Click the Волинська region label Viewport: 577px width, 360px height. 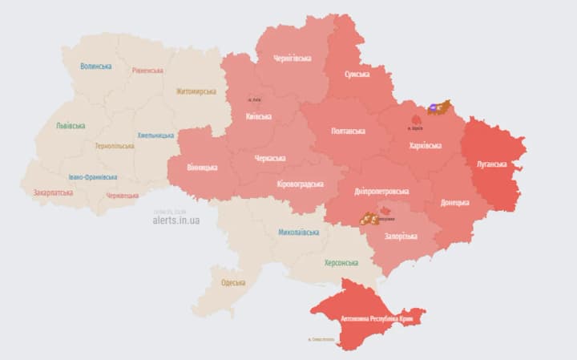pyautogui.click(x=96, y=67)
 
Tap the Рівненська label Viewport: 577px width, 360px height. pyautogui.click(x=147, y=70)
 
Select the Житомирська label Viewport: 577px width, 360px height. pyautogui.click(x=196, y=91)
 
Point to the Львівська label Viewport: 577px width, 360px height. pyautogui.click(x=71, y=126)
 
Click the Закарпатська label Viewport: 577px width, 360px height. pyautogui.click(x=53, y=192)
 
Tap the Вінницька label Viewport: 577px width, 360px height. pyautogui.click(x=202, y=168)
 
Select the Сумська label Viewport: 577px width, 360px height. pyautogui.click(x=357, y=74)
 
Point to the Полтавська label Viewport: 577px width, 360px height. pyautogui.click(x=348, y=131)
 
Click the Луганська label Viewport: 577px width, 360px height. pyautogui.click(x=491, y=164)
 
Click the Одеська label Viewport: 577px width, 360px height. pyautogui.click(x=233, y=282)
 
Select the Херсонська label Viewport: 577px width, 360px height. pyautogui.click(x=341, y=262)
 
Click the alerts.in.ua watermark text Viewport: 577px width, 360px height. pyautogui.click(x=176, y=220)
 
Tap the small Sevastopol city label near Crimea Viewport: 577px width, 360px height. pyautogui.click(x=323, y=340)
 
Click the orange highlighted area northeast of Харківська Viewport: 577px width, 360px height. pyautogui.click(x=440, y=106)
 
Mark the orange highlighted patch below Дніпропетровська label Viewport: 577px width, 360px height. pyautogui.click(x=369, y=217)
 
